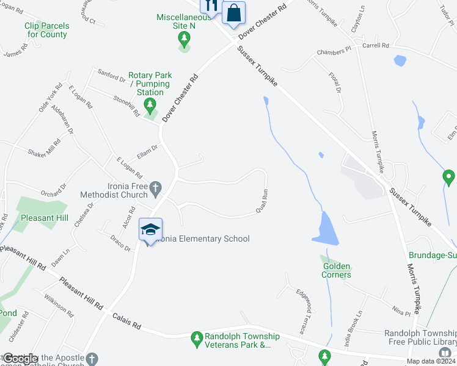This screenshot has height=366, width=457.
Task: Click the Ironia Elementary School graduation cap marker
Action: [x=150, y=229]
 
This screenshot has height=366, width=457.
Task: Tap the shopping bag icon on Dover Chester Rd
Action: [x=233, y=12]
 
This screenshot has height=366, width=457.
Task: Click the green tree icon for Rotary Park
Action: [x=150, y=106]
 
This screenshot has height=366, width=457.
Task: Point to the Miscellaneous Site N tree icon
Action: [x=183, y=40]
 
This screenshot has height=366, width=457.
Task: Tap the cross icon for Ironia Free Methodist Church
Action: [x=156, y=188]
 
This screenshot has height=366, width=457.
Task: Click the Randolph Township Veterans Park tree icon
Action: [x=197, y=337]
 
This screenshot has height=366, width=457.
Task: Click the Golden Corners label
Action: [x=337, y=270]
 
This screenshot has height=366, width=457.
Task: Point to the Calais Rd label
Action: [x=127, y=321]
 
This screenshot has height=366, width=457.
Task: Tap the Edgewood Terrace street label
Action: [x=301, y=311]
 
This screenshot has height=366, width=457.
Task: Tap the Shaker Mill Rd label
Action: [x=45, y=149]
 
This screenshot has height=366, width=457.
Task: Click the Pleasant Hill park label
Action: [x=44, y=218]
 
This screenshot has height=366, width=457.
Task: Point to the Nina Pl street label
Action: [x=402, y=313]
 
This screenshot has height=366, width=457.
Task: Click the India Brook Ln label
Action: [x=355, y=323]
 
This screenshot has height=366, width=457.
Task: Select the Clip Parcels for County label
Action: [x=47, y=30]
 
